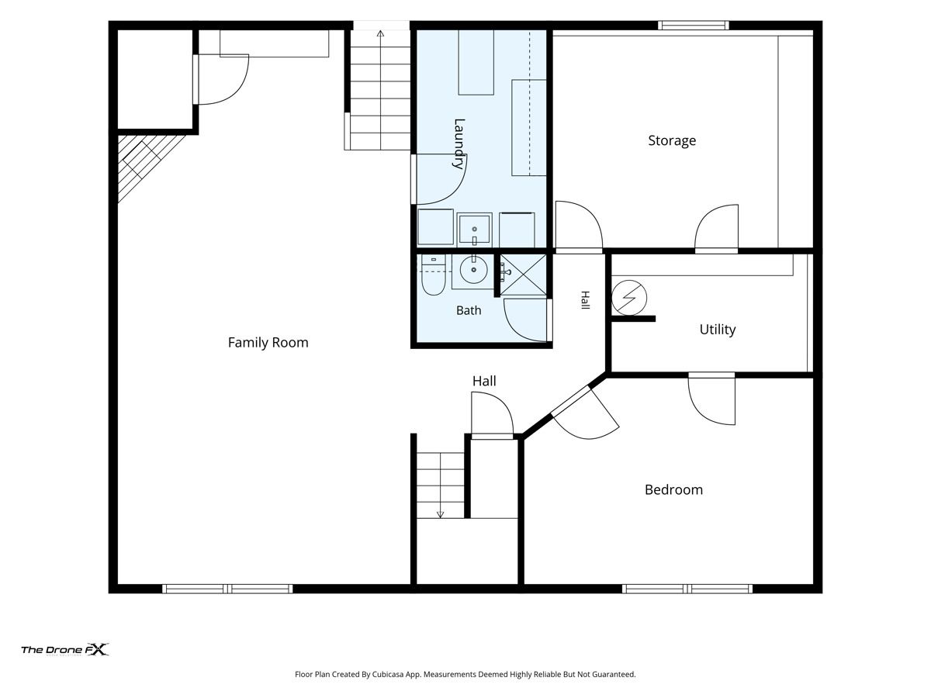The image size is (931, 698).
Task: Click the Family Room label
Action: tap(268, 343)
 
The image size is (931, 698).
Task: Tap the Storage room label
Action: tap(672, 140)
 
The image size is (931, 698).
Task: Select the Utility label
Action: tap(717, 330)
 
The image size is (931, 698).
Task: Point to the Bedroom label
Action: tap(673, 490)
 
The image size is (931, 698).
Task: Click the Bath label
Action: tap(469, 311)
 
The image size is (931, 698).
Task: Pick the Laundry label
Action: tap(459, 144)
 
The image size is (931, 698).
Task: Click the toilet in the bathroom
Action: tap(433, 275)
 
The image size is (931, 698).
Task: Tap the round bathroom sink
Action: tap(473, 270)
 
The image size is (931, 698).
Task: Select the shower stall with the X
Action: tap(523, 275)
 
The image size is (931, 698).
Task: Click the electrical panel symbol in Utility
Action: tap(629, 298)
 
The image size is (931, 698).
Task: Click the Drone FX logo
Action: tap(65, 650)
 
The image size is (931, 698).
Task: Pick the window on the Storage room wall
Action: tap(694, 26)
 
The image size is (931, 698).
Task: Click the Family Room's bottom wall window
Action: tap(227, 589)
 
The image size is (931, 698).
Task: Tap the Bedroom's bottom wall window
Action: tap(687, 589)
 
